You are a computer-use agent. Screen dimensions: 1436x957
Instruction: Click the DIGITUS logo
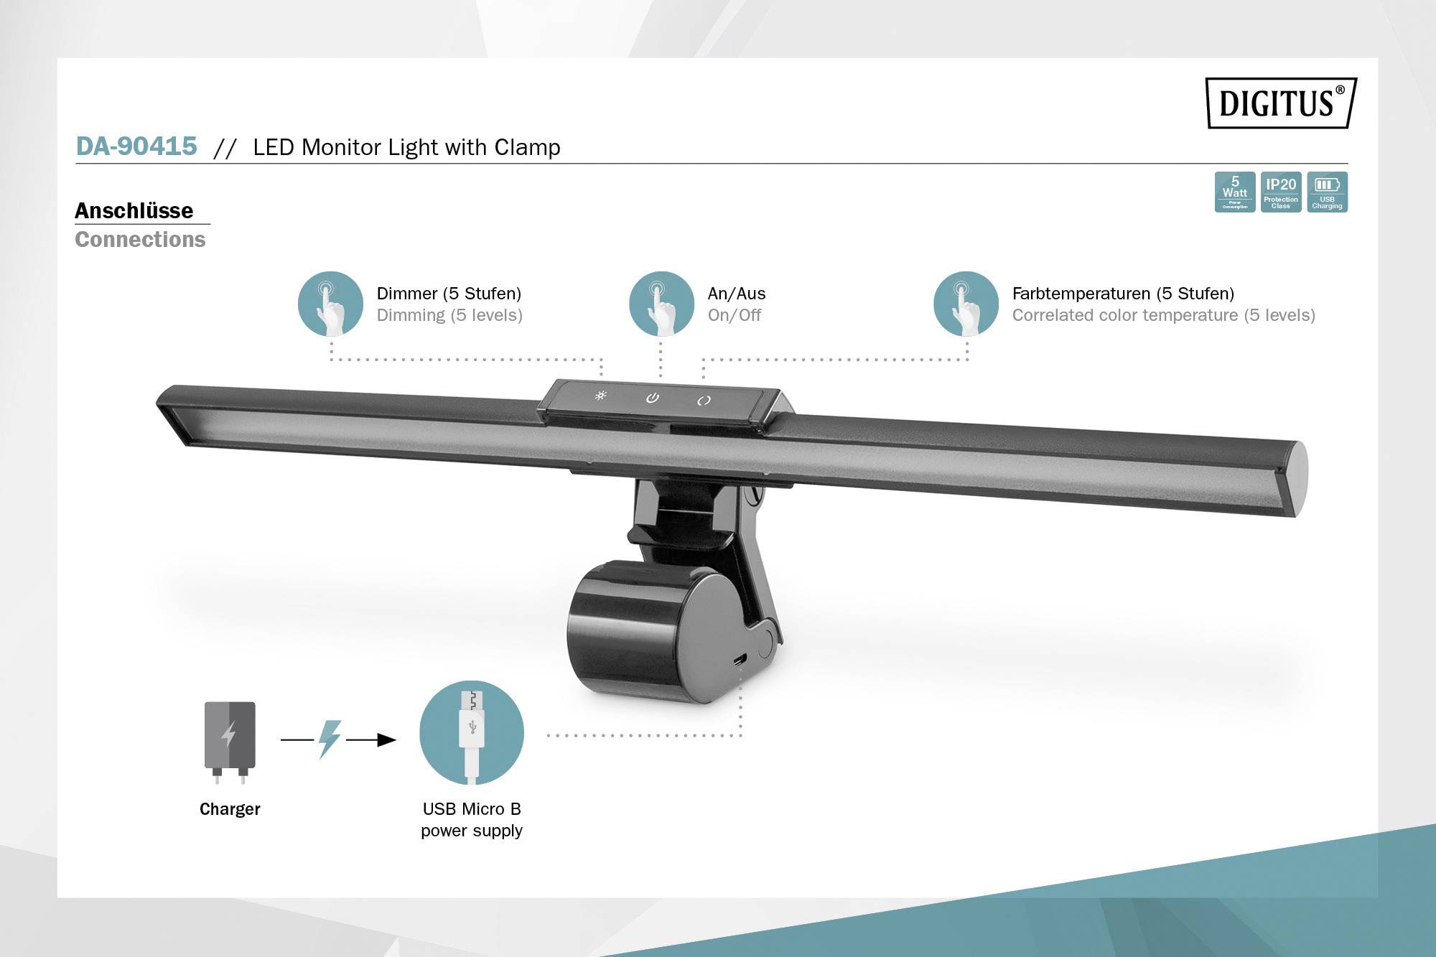(1280, 103)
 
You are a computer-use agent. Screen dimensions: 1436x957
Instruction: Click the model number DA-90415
(136, 146)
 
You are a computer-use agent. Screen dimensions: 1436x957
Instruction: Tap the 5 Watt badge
(1234, 192)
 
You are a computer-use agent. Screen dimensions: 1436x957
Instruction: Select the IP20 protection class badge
(1281, 192)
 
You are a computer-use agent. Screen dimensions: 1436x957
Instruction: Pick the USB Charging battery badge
(1327, 192)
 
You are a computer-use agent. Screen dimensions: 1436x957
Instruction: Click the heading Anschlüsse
(134, 210)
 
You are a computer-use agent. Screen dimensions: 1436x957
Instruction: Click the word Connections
(140, 239)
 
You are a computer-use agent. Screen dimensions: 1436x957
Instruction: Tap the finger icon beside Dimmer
(330, 304)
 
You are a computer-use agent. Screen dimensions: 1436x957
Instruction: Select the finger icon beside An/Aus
(661, 304)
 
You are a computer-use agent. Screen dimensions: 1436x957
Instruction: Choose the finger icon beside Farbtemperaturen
(966, 304)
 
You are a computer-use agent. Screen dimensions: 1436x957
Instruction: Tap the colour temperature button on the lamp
(704, 400)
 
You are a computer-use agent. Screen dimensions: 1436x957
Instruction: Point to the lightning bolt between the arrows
(330, 739)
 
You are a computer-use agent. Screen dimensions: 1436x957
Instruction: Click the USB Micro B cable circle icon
(472, 732)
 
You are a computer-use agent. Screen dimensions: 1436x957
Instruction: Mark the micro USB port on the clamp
(740, 659)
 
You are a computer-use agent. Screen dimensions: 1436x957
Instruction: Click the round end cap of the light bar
(1297, 478)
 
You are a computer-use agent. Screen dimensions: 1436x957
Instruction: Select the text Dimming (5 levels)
(449, 315)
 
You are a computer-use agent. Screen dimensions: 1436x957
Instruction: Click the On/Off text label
(735, 315)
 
